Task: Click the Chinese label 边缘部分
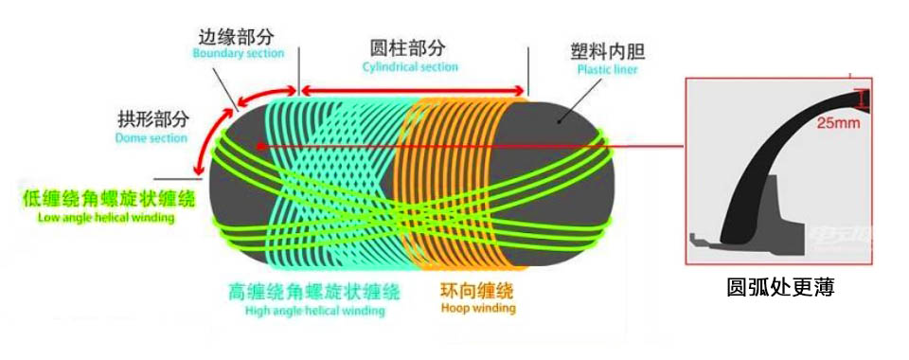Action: (236, 37)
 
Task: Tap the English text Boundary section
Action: (238, 54)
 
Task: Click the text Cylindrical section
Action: (410, 67)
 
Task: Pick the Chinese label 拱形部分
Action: (152, 119)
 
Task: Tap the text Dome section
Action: (151, 137)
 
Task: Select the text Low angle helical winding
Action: (106, 217)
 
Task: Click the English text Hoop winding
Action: (478, 308)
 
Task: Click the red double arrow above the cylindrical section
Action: (412, 91)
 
